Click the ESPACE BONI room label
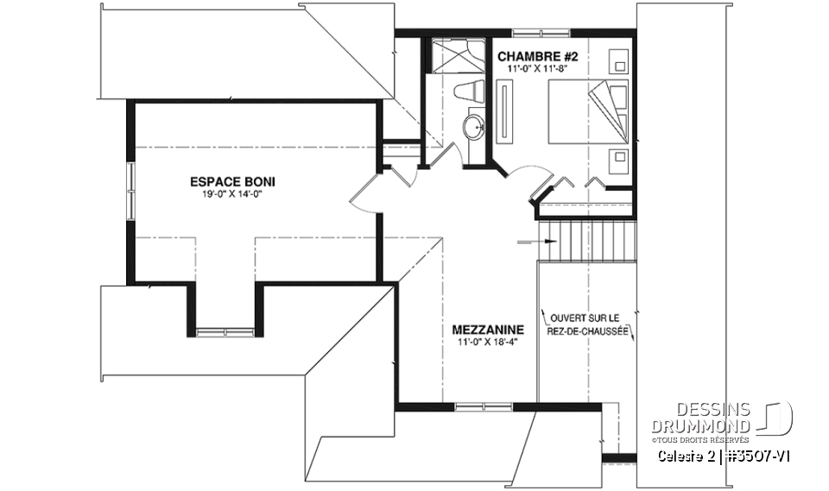pyautogui.click(x=225, y=182)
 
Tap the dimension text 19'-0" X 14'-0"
pyautogui.click(x=225, y=194)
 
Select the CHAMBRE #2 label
pyautogui.click(x=537, y=56)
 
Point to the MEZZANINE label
pyautogui.click(x=488, y=330)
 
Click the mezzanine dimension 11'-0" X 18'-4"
pyautogui.click(x=488, y=342)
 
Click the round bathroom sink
pyautogui.click(x=473, y=129)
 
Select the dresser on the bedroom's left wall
pyautogui.click(x=506, y=110)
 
